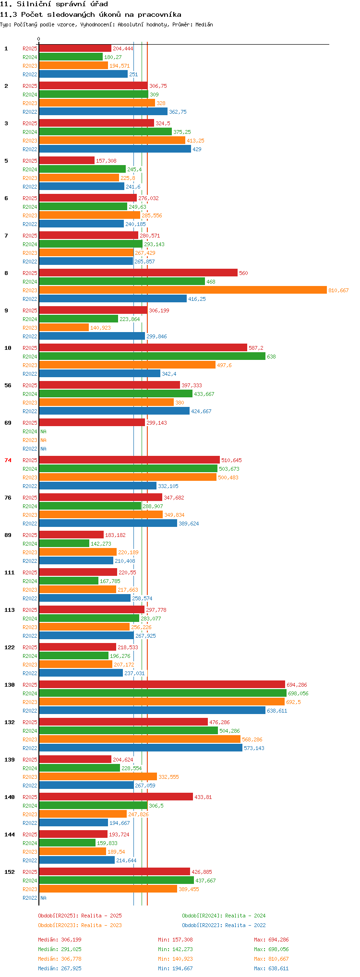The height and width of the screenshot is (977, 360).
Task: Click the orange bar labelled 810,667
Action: tap(183, 290)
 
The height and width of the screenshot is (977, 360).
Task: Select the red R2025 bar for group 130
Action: tap(162, 684)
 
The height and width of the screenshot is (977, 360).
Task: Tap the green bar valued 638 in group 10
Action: tap(152, 356)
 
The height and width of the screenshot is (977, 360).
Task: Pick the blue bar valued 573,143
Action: tap(141, 748)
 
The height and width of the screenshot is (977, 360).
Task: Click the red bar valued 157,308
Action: tap(67, 160)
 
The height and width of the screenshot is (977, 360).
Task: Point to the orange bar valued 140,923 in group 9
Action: tap(64, 327)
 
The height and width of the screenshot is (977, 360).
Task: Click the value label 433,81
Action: tap(203, 797)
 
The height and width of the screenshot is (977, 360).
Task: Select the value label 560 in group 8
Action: tap(243, 273)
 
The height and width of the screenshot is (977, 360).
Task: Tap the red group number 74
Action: tap(8, 460)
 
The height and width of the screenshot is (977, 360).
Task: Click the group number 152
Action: tap(10, 872)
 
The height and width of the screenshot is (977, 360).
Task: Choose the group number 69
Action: tap(8, 423)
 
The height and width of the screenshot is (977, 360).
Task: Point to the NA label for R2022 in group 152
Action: tap(43, 898)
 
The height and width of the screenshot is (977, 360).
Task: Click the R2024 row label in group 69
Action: tap(30, 431)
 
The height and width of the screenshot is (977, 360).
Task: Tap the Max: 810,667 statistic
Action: tap(271, 959)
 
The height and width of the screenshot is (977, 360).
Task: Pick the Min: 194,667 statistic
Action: tap(175, 968)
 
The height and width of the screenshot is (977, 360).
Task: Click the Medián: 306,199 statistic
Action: tap(60, 940)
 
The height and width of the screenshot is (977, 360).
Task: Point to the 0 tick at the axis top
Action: tap(39, 39)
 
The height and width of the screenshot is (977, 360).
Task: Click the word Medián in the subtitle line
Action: tap(204, 24)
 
